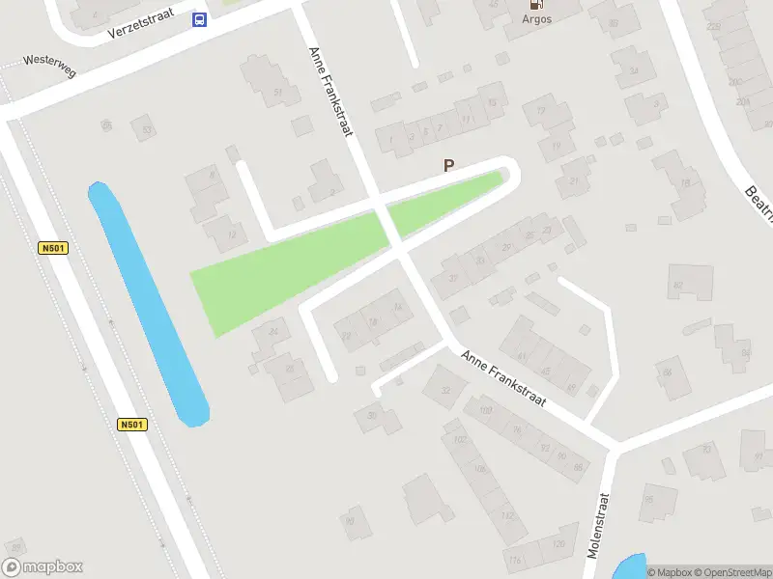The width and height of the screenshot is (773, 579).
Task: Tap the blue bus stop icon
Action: [199, 19]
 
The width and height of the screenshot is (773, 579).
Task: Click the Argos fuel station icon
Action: [537, 4]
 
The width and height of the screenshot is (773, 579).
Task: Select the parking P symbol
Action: [448, 166]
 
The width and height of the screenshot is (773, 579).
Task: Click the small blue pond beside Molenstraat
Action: [629, 567]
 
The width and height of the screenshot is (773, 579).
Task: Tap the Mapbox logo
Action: [43, 567]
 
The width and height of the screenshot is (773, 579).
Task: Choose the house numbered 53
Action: [146, 128]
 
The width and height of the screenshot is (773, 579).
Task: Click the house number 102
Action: [459, 439]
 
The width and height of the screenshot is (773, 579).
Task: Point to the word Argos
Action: [537, 19]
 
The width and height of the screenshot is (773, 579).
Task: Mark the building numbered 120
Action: [558, 545]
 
